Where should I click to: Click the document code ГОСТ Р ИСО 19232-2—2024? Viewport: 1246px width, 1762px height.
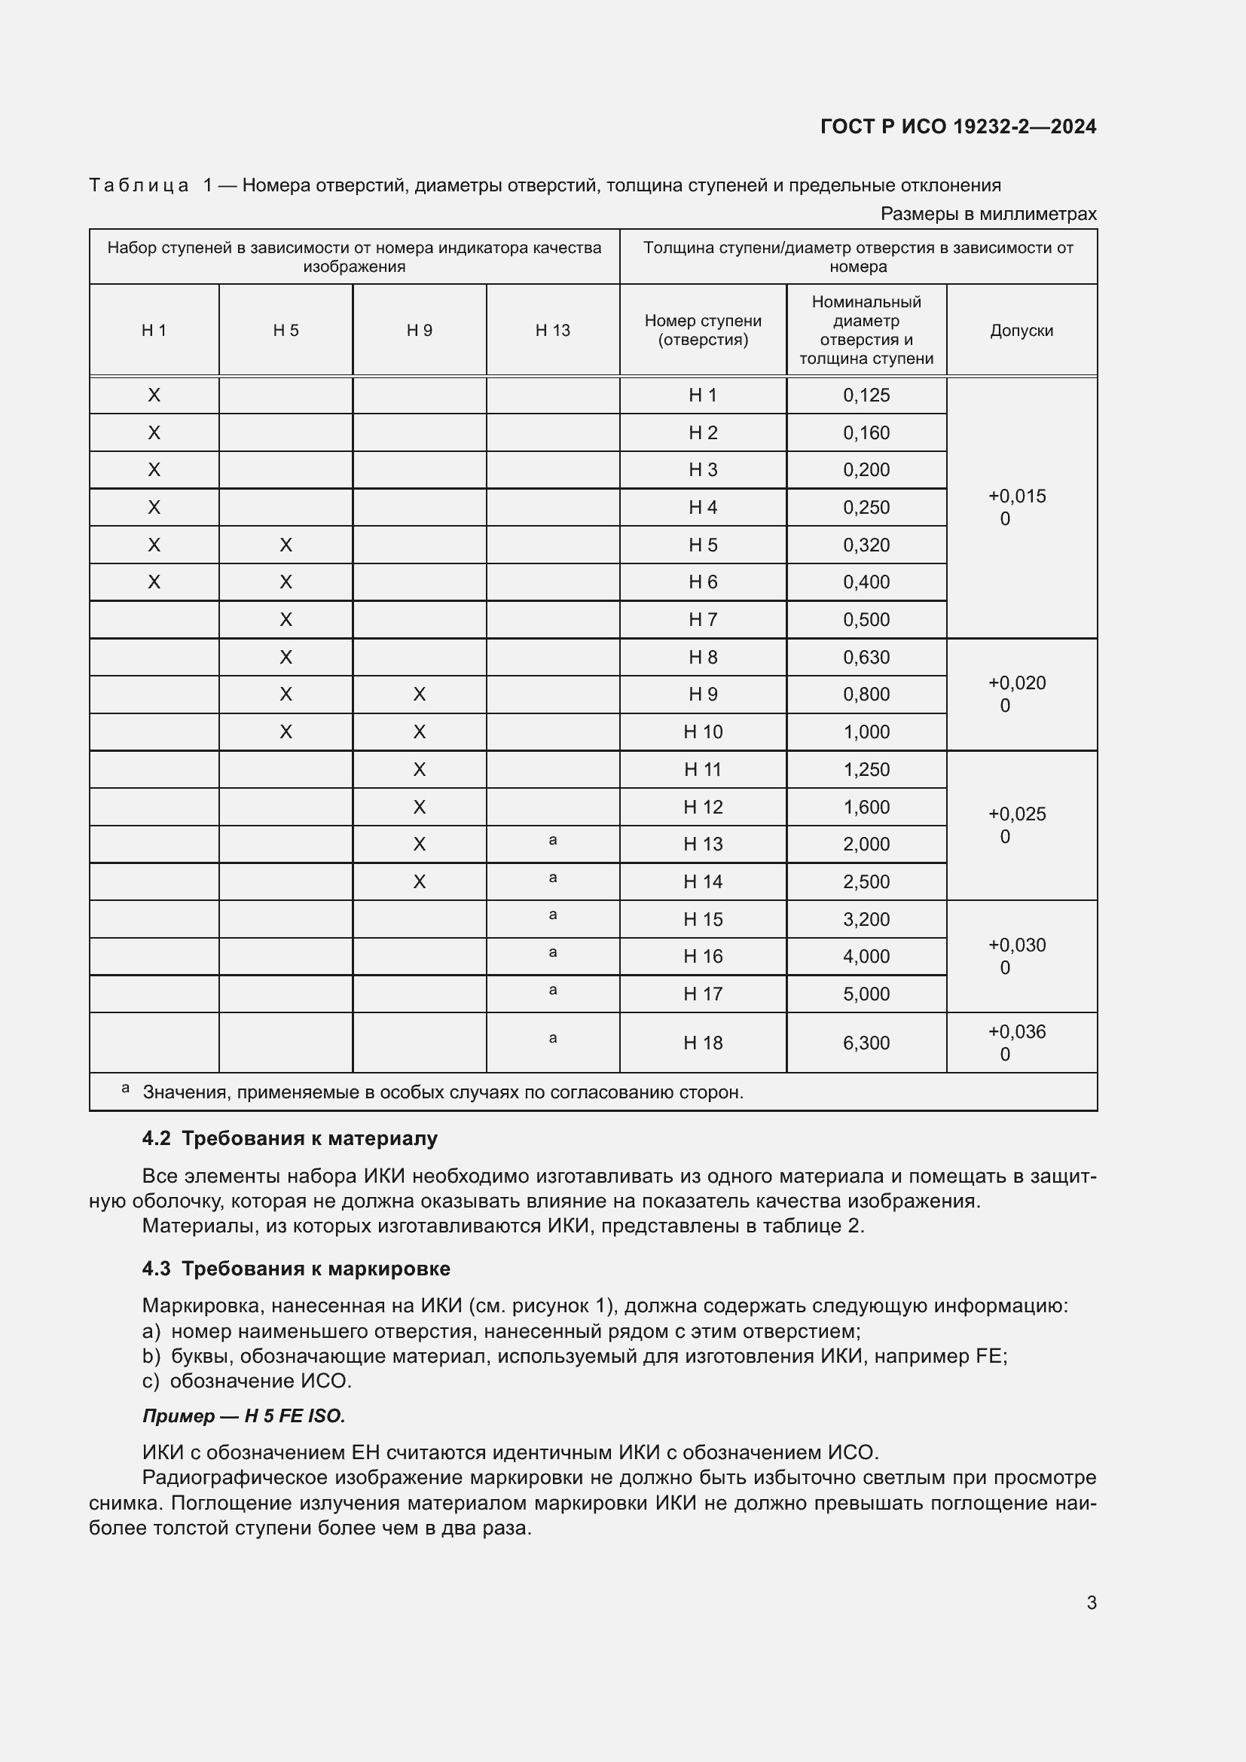(x=957, y=127)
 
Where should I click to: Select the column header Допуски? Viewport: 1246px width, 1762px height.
(x=1021, y=331)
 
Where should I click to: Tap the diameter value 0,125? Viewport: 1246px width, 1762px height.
(x=866, y=395)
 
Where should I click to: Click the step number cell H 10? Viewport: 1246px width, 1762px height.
(x=702, y=732)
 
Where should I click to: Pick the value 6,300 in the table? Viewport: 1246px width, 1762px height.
(x=866, y=1043)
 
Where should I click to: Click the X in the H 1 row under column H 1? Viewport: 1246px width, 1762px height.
(x=154, y=395)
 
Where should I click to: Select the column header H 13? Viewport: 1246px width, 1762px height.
(x=552, y=331)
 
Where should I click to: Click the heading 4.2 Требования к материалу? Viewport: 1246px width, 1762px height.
(x=289, y=1138)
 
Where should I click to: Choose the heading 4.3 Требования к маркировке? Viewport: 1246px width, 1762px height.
(x=295, y=1269)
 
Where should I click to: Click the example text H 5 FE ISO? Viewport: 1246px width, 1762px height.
(x=295, y=1416)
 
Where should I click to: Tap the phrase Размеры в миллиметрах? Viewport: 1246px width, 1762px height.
(x=988, y=214)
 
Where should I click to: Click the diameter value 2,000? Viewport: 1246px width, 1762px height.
(x=866, y=844)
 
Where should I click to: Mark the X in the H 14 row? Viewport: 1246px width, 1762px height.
(x=419, y=882)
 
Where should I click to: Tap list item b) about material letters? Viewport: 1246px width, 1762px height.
(x=574, y=1356)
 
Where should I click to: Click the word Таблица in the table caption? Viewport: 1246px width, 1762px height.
(x=139, y=186)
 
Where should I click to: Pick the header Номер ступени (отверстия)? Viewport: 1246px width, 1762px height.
(x=702, y=331)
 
